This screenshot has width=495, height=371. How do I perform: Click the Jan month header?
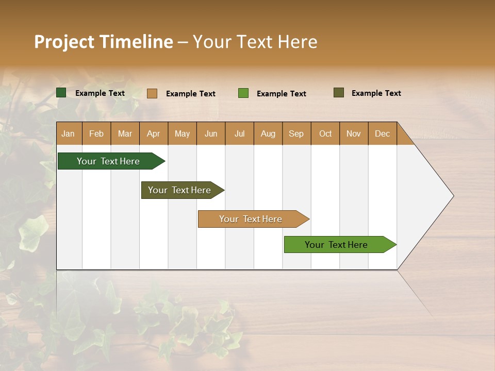tap(69, 133)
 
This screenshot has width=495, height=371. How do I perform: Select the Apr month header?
tap(154, 133)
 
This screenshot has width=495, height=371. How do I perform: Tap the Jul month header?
tap(239, 133)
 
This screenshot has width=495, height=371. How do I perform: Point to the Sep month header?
tap(296, 133)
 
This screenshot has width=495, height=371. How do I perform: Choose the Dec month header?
tap(382, 133)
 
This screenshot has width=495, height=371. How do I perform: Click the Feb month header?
tap(96, 133)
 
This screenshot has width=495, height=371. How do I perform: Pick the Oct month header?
tap(325, 133)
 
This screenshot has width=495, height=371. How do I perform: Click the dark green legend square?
tap(61, 93)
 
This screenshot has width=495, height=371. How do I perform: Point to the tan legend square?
tap(152, 93)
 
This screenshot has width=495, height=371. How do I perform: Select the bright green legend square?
tap(243, 93)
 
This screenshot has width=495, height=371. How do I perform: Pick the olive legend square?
tap(339, 93)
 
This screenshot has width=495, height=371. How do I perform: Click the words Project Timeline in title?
tap(103, 42)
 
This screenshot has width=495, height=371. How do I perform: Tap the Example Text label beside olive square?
tap(376, 93)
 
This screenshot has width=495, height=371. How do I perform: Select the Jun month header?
tap(211, 133)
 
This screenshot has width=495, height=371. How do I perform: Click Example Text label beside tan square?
tap(190, 94)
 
